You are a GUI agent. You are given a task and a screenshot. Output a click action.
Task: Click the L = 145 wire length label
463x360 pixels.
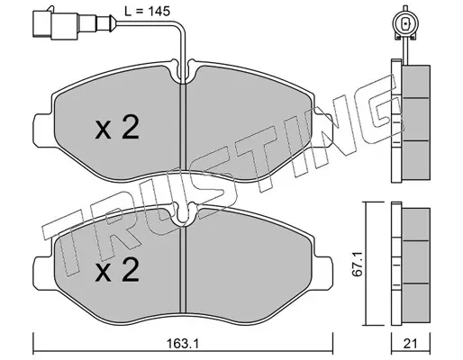tap(148, 12)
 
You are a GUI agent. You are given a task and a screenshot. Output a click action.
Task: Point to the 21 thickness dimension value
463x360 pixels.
tap(410, 344)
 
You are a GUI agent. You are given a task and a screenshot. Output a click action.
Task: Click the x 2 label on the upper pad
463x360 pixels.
tap(117, 127)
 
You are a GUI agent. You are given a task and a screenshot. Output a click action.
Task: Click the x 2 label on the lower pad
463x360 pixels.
tap(117, 270)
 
